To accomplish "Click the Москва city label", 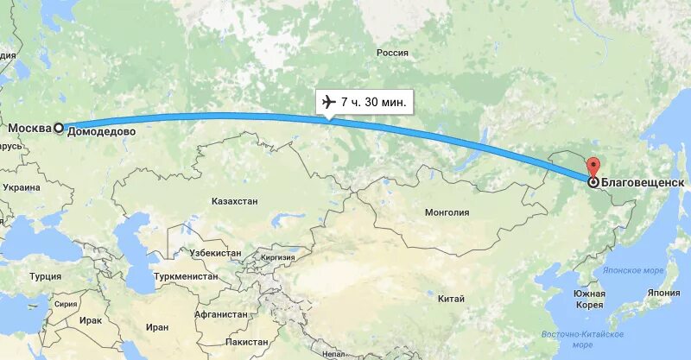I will [29, 129].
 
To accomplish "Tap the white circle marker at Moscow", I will [59, 128].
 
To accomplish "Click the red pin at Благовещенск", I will [593, 167].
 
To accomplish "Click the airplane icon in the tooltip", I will [327, 103].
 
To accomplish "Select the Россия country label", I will [391, 53].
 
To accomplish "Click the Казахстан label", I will [234, 200].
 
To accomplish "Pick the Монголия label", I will [447, 212].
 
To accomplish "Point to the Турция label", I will [45, 276].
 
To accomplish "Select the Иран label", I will [156, 327].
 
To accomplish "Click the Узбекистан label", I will [215, 253].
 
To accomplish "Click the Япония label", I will [663, 293].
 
